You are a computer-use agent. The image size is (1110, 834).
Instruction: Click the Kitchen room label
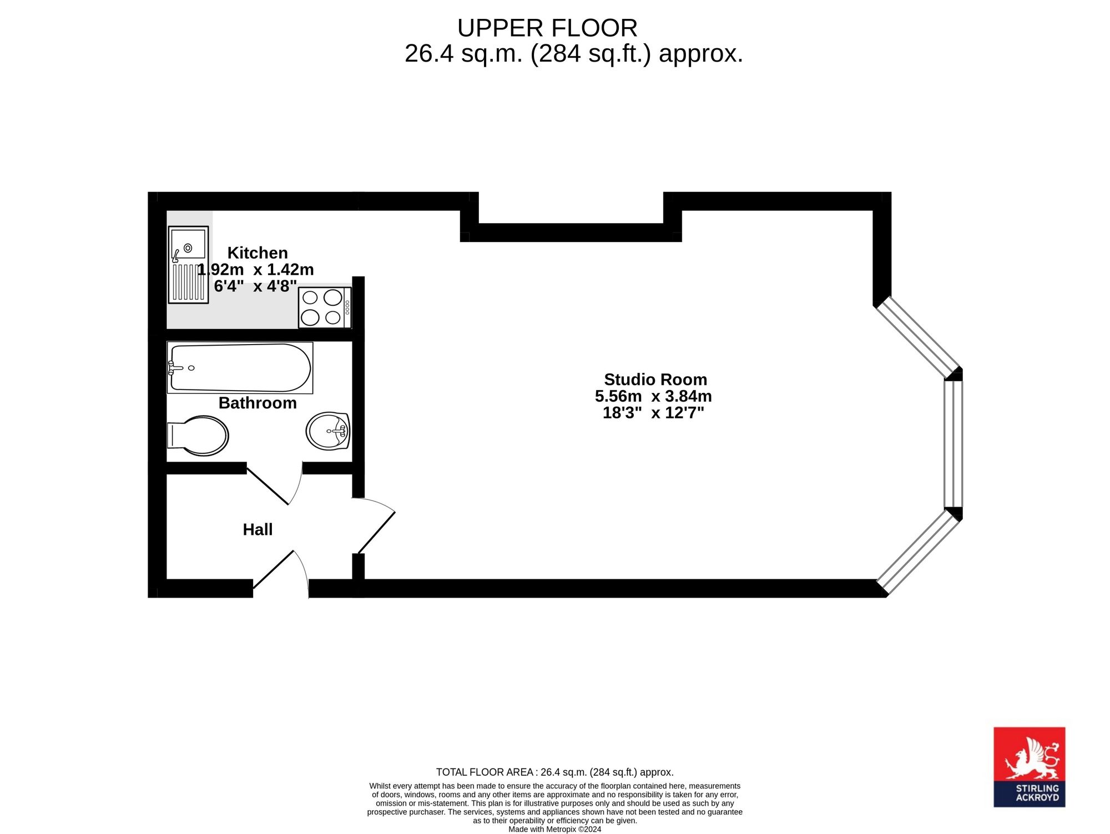point(258,253)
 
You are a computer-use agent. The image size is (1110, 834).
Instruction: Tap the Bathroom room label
point(258,403)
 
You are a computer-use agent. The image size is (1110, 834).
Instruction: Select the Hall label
point(258,529)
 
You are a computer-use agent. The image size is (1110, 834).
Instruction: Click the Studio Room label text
point(655,380)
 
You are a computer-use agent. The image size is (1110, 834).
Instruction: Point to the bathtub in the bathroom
point(240,368)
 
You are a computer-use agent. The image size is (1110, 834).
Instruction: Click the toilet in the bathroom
point(198,436)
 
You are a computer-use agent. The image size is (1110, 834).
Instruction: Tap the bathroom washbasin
point(328,431)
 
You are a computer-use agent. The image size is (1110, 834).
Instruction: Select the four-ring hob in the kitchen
point(325,307)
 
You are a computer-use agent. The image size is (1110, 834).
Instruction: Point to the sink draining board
point(188,282)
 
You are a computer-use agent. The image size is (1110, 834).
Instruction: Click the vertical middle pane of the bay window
point(953,444)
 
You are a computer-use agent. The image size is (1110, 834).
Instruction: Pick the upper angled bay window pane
point(918,337)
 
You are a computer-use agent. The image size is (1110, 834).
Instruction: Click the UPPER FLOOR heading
point(547,28)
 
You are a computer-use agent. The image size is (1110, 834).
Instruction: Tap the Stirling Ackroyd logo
point(1029,767)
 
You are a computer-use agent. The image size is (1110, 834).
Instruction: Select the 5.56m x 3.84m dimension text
point(653,396)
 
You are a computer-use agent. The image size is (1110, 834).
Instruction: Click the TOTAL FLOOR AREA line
point(555,772)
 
